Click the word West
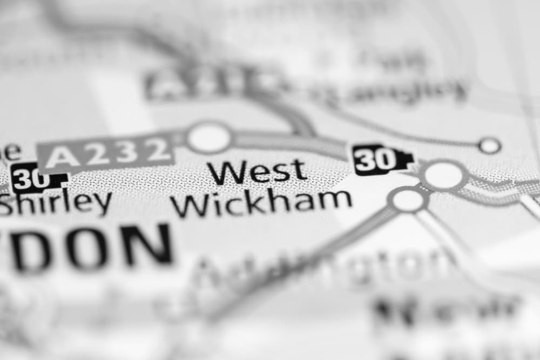(x=258, y=172)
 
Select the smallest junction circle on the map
(x=489, y=145)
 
